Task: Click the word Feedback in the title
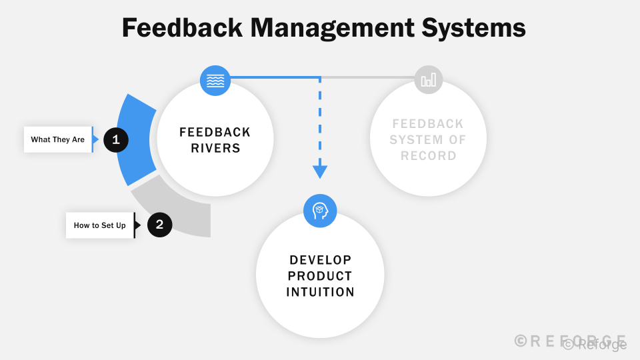(x=181, y=28)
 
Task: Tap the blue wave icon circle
(x=215, y=81)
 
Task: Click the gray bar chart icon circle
(x=428, y=80)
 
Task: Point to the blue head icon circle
(x=320, y=211)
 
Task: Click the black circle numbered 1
(x=116, y=140)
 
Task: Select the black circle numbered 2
(x=159, y=225)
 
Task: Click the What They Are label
(x=58, y=140)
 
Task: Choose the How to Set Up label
(x=100, y=225)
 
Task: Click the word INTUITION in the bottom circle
(x=320, y=292)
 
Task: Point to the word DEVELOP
(x=320, y=260)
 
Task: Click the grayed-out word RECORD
(x=428, y=156)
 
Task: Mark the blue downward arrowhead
(x=320, y=172)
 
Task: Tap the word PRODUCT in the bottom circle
(x=320, y=276)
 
